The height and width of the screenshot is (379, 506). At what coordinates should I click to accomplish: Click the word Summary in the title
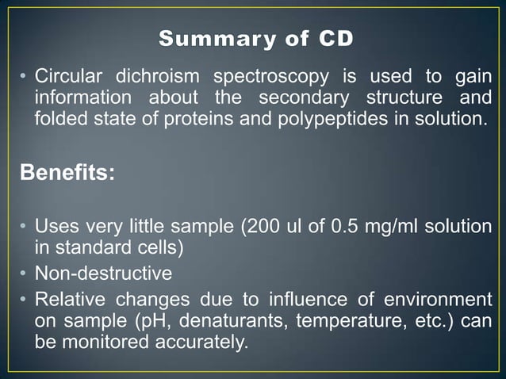click(x=205, y=38)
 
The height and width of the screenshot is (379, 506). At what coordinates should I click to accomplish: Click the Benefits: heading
click(x=67, y=174)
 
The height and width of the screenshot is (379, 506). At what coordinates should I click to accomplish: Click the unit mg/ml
click(x=394, y=227)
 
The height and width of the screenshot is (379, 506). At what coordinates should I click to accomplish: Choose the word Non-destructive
click(x=103, y=274)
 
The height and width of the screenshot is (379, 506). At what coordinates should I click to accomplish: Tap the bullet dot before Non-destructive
click(x=25, y=274)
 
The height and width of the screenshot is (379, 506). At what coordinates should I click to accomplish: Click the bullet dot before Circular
click(x=25, y=78)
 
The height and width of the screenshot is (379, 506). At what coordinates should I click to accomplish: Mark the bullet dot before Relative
click(x=25, y=300)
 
